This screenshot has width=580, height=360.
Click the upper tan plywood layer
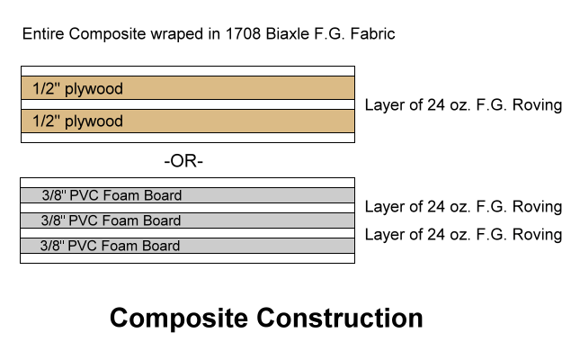pyautogui.click(x=187, y=88)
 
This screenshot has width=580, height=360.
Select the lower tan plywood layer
pyautogui.click(x=187, y=121)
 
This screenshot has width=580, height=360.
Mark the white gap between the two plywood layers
pyautogui.click(x=187, y=104)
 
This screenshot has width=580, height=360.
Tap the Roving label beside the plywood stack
pyautogui.click(x=463, y=105)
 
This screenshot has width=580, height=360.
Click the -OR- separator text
pyautogui.click(x=184, y=162)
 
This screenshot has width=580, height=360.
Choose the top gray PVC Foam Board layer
pyautogui.click(x=187, y=194)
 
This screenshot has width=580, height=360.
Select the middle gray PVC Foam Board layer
pyautogui.click(x=187, y=220)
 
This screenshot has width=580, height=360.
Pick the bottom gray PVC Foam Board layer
pyautogui.click(x=187, y=245)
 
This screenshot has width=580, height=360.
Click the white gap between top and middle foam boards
pyautogui.click(x=187, y=207)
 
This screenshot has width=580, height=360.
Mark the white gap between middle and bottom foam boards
pyautogui.click(x=187, y=232)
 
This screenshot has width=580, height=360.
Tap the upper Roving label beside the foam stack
pyautogui.click(x=463, y=207)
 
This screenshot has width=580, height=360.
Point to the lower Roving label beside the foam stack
pyautogui.click(x=463, y=235)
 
